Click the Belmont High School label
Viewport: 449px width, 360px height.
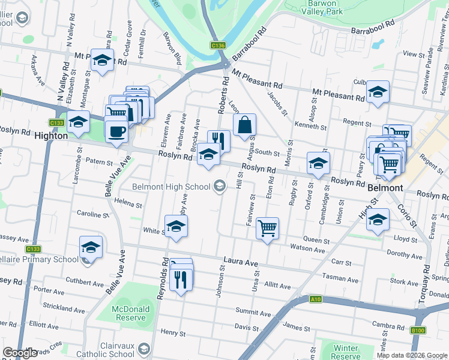(171, 187)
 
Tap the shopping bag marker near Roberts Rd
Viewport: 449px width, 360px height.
(244, 126)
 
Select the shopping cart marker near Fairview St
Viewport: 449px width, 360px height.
(267, 228)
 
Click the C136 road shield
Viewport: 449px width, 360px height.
(218, 45)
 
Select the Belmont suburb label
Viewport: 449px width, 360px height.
(385, 188)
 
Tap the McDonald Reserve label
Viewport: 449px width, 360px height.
(130, 312)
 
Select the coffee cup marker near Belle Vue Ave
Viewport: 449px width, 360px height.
(116, 130)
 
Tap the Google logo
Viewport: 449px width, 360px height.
(20, 353)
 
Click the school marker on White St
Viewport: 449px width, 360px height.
(176, 226)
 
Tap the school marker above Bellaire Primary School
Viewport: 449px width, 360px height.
(91, 247)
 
